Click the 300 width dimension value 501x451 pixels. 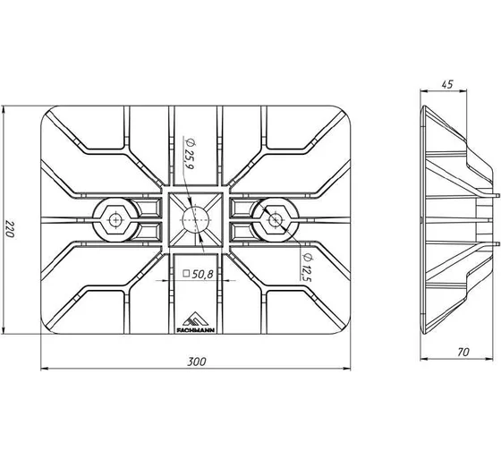[197, 362]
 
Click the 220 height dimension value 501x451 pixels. [10, 229]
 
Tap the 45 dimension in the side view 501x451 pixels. [447, 84]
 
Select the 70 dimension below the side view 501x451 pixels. [463, 352]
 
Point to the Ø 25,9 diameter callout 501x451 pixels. [190, 154]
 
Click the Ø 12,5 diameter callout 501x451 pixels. [307, 267]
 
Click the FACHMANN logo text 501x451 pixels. [196, 330]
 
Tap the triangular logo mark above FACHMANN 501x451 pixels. [196, 319]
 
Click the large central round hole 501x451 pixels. [196, 220]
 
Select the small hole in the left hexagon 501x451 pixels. [115, 220]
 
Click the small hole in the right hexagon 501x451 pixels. [275, 220]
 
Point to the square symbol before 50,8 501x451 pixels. [186, 274]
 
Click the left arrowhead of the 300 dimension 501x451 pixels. [45, 369]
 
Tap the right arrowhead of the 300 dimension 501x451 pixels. [347, 369]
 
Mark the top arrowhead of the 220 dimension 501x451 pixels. [4, 110]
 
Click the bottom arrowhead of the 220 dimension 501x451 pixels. [4, 330]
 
